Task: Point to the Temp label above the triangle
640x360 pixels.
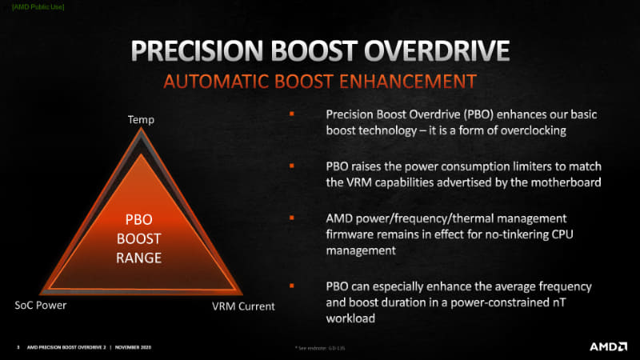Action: click(141, 120)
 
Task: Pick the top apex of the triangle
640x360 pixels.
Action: click(141, 130)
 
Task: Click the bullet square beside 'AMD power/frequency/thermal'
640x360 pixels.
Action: click(291, 216)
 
